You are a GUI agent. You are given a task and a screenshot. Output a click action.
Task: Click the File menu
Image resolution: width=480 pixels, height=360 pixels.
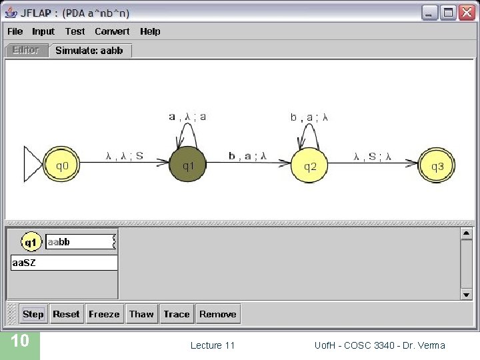coord(15,31)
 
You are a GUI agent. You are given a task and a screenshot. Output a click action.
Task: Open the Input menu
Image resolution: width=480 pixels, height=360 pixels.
coord(43,31)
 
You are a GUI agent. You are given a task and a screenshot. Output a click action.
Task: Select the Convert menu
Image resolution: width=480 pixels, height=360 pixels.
coord(112,31)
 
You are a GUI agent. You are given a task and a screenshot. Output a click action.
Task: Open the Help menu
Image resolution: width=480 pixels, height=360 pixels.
coord(150,31)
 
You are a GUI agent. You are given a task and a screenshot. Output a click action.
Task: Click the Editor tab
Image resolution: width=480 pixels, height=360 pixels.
coord(26,50)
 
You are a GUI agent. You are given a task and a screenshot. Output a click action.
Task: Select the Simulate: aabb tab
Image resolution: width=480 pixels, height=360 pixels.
coord(89,51)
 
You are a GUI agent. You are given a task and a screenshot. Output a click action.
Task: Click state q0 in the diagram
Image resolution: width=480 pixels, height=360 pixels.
coord(61,165)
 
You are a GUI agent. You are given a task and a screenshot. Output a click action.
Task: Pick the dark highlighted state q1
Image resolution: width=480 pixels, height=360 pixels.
coord(188,165)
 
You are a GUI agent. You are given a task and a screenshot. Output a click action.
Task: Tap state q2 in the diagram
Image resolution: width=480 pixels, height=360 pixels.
coord(310,165)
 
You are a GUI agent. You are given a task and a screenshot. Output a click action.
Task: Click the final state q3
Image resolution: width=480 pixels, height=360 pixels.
coord(437,165)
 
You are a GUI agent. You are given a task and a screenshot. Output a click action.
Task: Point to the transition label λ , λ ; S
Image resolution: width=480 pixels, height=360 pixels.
coord(125,156)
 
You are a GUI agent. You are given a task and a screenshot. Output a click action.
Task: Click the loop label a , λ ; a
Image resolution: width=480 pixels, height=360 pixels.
coord(187,117)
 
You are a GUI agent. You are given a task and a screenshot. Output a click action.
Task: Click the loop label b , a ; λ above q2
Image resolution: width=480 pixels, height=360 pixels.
coord(309,117)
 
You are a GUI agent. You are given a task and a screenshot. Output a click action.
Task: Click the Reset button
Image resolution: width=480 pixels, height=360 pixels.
coord(66,314)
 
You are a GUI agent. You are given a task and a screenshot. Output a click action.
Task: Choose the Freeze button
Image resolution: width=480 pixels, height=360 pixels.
coord(104,314)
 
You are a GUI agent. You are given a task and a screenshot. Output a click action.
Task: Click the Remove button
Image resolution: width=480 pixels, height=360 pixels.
coord(217,314)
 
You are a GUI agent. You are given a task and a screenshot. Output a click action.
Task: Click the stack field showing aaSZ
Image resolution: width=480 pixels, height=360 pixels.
coord(64,263)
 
